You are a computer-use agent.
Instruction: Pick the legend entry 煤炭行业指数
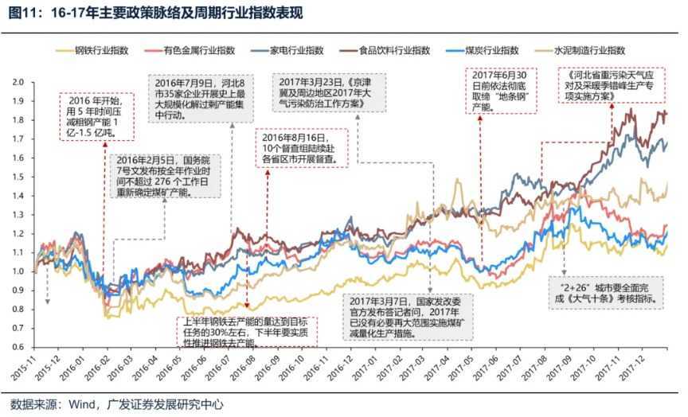[510, 50]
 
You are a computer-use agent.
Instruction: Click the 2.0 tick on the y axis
[19, 81]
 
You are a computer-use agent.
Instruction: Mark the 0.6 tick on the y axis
[19, 348]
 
